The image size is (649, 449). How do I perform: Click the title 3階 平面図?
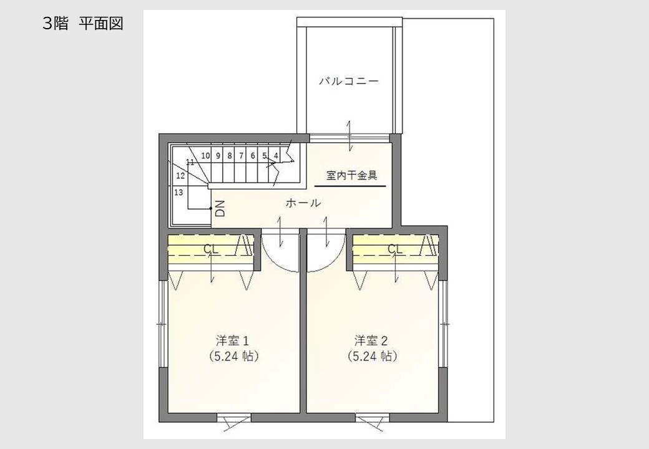click(x=83, y=24)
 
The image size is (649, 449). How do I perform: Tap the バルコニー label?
click(x=348, y=81)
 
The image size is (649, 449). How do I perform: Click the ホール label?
click(x=303, y=203)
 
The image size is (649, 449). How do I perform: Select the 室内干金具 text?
click(x=351, y=176)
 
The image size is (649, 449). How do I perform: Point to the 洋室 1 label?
click(x=232, y=340)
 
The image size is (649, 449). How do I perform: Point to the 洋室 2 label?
click(x=371, y=340)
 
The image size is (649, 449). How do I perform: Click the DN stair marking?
click(x=221, y=209)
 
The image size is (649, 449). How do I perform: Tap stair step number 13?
click(x=178, y=192)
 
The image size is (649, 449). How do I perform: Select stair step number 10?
click(x=206, y=156)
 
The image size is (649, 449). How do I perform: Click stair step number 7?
click(x=241, y=156)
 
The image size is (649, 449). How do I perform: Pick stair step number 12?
click(x=180, y=176)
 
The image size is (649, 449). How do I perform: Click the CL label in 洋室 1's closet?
click(x=211, y=249)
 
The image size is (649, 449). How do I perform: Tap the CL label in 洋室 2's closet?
click(x=395, y=249)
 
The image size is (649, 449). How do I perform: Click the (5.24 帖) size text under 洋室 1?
click(x=234, y=356)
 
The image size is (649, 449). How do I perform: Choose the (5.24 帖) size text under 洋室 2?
click(x=373, y=356)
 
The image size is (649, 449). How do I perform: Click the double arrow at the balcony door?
click(x=349, y=136)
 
